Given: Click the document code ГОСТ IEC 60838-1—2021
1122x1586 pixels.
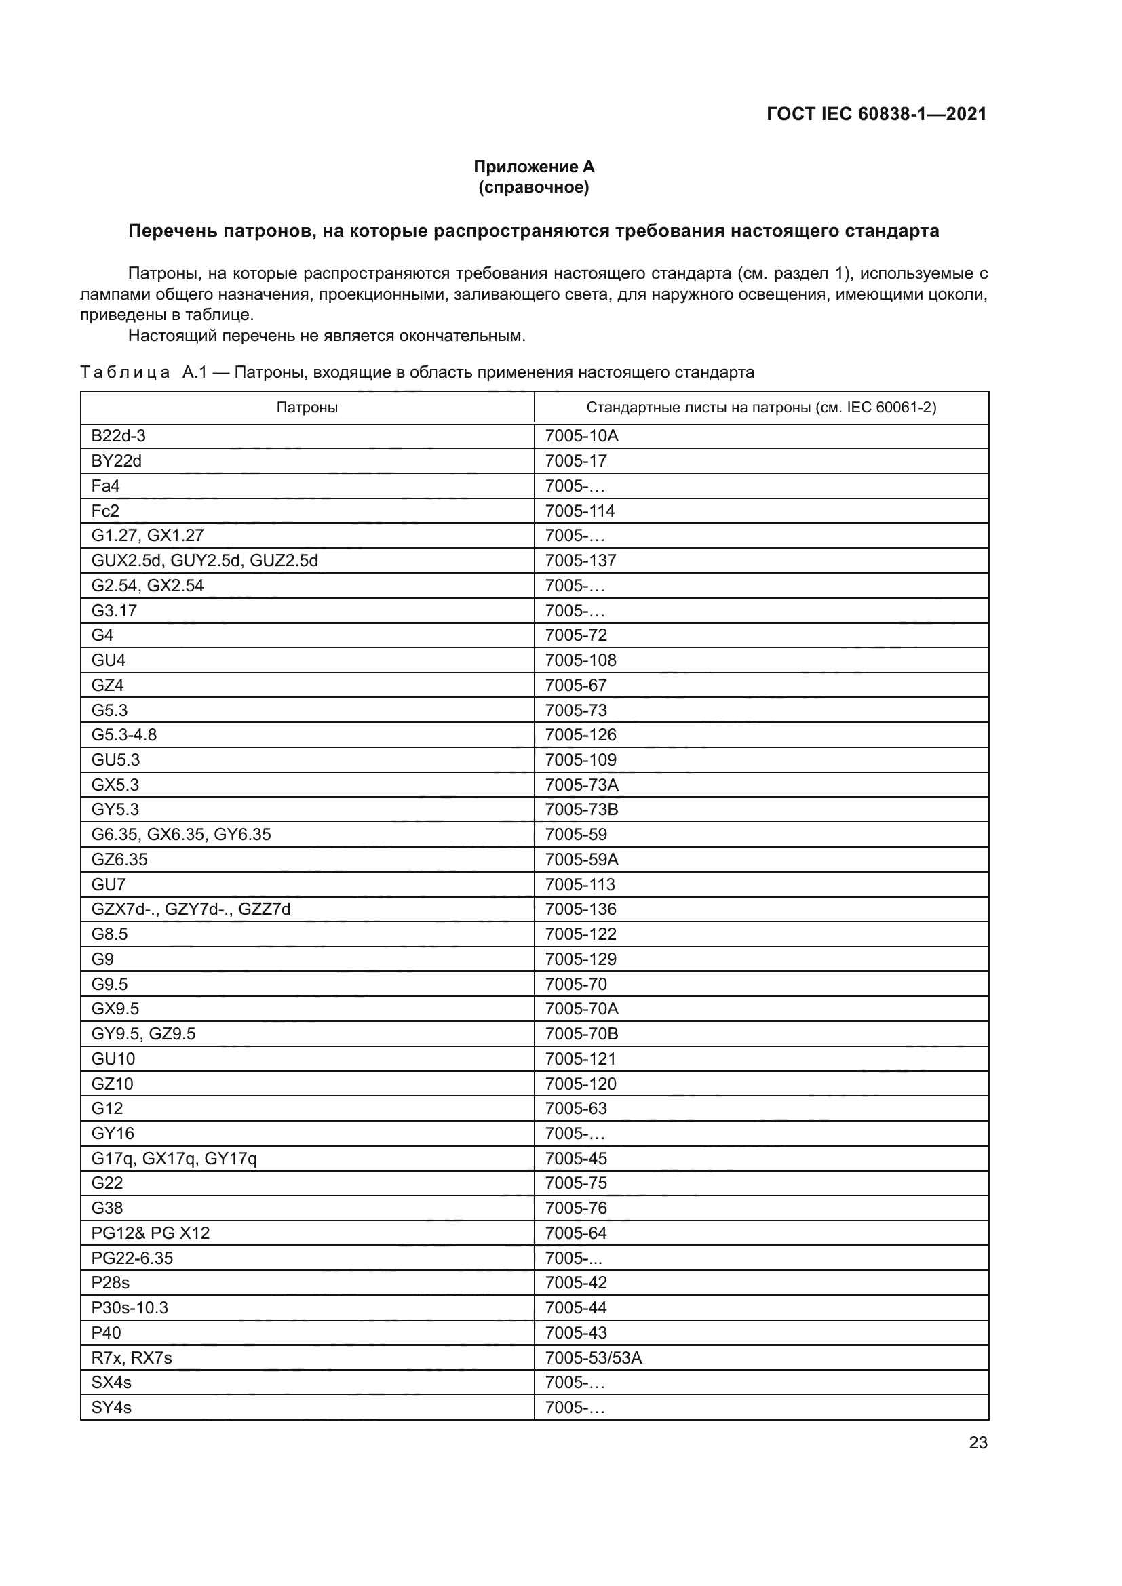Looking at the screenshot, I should coord(876,114).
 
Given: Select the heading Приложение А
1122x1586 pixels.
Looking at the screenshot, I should coord(533,167).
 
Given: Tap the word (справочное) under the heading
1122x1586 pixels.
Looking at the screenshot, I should coord(533,187).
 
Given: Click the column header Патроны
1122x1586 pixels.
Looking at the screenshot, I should coord(307,408).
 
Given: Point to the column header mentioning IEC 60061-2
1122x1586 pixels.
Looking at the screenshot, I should coord(760,408).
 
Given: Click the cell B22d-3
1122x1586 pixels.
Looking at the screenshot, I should coord(118,436).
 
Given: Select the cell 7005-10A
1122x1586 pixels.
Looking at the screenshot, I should coord(581,436).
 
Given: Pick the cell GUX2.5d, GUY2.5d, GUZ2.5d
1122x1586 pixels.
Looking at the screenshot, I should coord(204,560).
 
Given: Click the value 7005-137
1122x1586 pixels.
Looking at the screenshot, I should coord(581,560).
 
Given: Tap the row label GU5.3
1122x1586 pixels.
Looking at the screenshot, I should coord(115,760).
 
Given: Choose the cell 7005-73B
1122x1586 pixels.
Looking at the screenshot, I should coord(581,810).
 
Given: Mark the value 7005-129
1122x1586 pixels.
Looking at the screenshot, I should coord(581,959).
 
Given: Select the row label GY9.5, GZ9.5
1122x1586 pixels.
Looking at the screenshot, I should coord(143,1034).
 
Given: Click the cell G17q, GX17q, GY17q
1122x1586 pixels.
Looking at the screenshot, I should coord(174,1158).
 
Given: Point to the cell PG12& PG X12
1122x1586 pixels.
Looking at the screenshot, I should coord(150,1233).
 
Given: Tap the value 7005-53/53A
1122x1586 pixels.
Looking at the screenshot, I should coord(593,1358).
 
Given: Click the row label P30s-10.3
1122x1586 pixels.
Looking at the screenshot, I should coord(129,1307).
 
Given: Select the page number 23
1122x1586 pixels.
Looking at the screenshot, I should coord(978,1442).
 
